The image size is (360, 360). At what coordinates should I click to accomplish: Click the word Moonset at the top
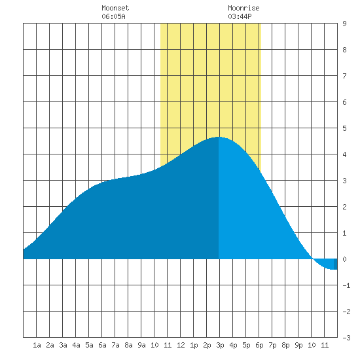pos(115,8)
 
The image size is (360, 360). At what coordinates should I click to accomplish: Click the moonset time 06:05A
pos(113,16)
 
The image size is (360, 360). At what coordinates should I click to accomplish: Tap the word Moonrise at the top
pos(243,8)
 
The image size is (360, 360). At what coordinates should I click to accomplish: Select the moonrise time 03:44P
pos(240,16)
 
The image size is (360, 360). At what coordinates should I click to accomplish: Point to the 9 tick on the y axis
pos(344,24)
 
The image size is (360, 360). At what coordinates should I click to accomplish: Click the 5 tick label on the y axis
pos(344,128)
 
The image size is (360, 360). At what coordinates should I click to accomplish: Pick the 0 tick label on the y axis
pos(344,259)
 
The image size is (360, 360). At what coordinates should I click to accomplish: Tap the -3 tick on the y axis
pos(346,338)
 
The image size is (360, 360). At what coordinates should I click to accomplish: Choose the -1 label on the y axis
pos(346,285)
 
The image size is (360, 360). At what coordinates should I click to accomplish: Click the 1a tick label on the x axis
pos(37,345)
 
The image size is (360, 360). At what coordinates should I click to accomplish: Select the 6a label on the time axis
pos(102,345)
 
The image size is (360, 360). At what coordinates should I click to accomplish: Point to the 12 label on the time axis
pos(181,345)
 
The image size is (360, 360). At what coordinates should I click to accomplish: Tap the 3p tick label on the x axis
pos(220,345)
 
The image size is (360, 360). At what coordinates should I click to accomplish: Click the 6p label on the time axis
pos(259,345)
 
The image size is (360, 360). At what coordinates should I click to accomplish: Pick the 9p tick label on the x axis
pos(298,345)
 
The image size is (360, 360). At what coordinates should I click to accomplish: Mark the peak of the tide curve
pos(219,137)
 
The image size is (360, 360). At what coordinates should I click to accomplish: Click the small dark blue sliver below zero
pos(335,264)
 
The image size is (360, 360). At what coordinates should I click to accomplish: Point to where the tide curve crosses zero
pos(312,259)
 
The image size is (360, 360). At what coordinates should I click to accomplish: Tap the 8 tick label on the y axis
pos(344,50)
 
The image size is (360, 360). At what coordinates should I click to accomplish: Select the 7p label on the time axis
pos(272,345)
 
